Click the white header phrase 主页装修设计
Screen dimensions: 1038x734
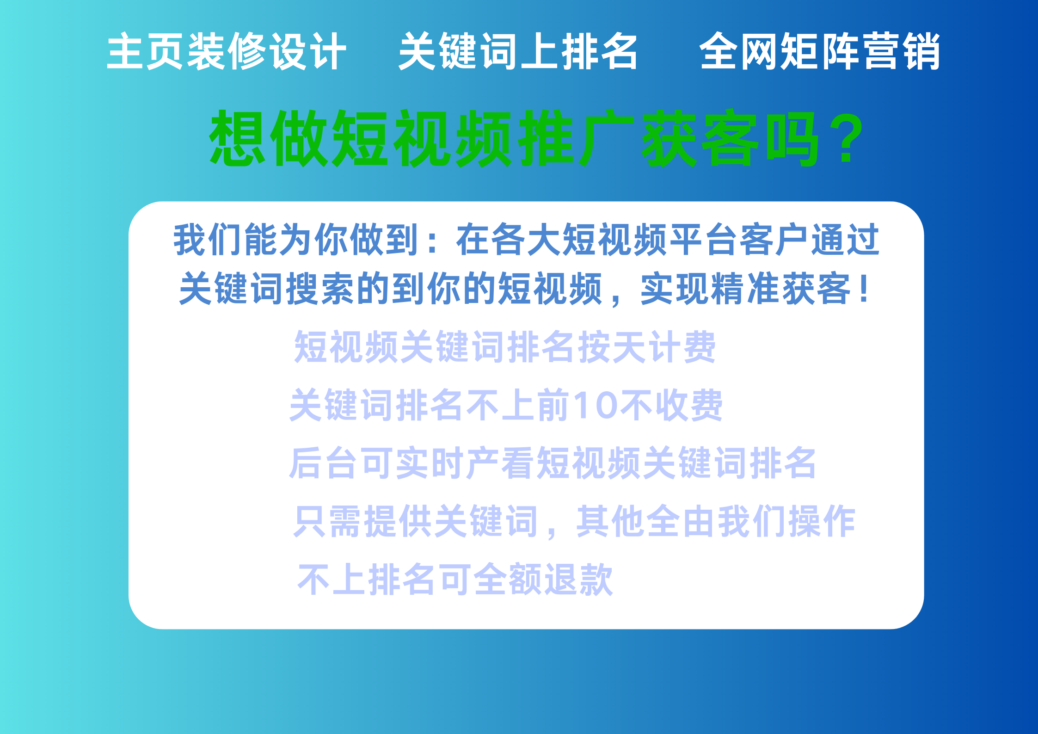[227, 51]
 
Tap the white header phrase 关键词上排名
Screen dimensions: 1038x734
[518, 51]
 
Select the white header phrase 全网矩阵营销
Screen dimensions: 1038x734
[820, 51]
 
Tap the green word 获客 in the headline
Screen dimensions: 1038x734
[700, 138]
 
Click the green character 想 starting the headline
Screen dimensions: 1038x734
[238, 138]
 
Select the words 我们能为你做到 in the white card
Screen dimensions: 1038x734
[296, 240]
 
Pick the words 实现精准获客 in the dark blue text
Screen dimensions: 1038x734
[745, 289]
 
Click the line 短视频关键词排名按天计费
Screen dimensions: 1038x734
[505, 346]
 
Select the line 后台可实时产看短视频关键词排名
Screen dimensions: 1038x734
[553, 463]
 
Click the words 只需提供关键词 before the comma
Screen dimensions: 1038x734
[416, 521]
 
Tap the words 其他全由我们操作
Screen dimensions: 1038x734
[716, 521]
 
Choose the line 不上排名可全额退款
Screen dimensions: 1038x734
[455, 579]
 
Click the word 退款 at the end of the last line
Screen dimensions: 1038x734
[578, 579]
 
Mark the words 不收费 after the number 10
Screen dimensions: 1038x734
[671, 405]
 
